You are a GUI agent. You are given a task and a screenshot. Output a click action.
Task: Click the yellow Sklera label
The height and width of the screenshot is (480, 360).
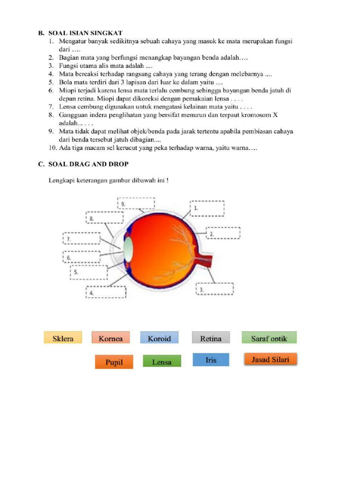click(x=63, y=338)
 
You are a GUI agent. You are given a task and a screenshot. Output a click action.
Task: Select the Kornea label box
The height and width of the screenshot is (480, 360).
click(x=111, y=338)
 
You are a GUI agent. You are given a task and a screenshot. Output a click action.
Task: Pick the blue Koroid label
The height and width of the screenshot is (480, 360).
click(x=159, y=338)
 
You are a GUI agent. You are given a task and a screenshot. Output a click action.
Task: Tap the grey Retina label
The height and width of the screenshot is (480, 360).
click(x=211, y=338)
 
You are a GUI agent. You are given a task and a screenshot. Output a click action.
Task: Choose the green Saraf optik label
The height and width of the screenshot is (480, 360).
click(x=269, y=338)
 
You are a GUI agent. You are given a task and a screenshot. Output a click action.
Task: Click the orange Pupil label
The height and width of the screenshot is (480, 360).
click(x=114, y=362)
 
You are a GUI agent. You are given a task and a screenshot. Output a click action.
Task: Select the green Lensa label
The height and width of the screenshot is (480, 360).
click(x=162, y=362)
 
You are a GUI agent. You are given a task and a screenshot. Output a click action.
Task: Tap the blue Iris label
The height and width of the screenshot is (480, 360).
click(x=211, y=360)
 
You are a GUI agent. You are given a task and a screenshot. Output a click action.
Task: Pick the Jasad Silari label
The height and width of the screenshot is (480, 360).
click(x=270, y=360)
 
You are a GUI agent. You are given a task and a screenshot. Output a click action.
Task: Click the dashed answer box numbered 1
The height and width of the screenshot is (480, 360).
click(x=208, y=209)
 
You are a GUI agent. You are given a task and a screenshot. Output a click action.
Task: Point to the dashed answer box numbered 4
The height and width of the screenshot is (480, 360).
click(x=106, y=292)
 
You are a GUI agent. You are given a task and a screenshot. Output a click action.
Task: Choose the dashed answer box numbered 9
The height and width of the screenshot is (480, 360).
click(x=136, y=203)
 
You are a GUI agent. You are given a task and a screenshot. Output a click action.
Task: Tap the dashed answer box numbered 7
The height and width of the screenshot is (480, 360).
click(x=82, y=239)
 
